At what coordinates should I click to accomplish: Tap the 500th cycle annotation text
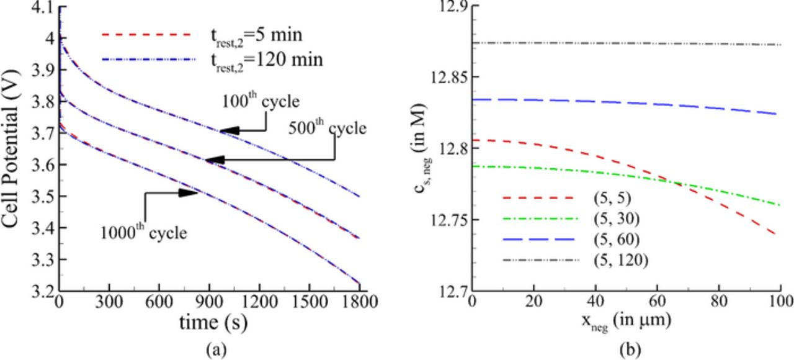pyautogui.click(x=327, y=128)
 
